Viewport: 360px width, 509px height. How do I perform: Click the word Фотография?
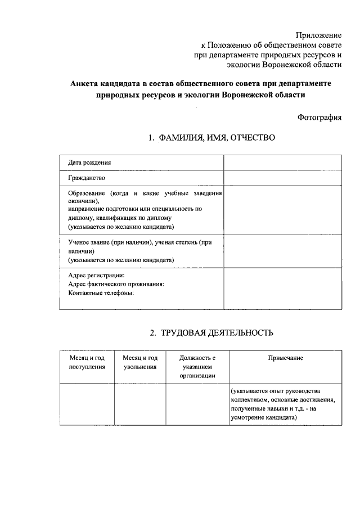click(319, 117)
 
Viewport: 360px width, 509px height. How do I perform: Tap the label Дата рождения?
click(89, 163)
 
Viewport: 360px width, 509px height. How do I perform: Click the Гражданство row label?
click(87, 178)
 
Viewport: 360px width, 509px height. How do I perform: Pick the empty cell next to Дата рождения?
click(282, 162)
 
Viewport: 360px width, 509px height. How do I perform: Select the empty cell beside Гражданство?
click(282, 178)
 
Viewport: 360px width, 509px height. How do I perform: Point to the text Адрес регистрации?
click(96, 276)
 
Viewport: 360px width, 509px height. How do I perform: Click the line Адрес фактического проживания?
click(116, 284)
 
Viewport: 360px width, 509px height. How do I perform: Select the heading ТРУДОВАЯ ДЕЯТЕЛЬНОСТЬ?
click(217, 333)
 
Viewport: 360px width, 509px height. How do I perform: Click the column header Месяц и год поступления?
click(87, 362)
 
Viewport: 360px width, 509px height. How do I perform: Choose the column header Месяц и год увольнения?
click(140, 362)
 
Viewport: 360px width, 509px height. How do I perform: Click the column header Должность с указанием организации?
click(197, 367)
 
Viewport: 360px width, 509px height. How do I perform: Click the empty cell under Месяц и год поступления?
click(87, 404)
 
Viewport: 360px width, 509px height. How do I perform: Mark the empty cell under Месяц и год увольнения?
click(140, 404)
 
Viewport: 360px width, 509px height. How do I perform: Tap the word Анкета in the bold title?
click(84, 83)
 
